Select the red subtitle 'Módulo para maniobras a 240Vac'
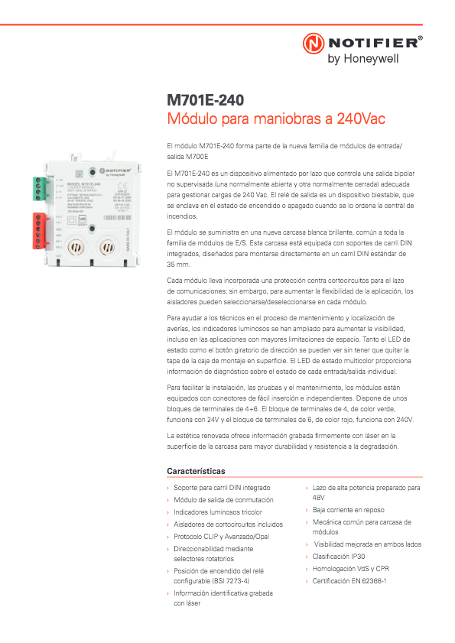click(x=276, y=119)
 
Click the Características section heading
click(x=196, y=471)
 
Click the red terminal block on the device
click(x=39, y=230)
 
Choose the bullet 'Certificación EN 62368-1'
click(x=349, y=581)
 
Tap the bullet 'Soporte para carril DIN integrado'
click(x=222, y=487)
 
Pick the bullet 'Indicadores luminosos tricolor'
click(x=217, y=511)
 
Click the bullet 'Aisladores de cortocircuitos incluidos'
click(x=228, y=524)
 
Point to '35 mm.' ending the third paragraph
click(x=178, y=264)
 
